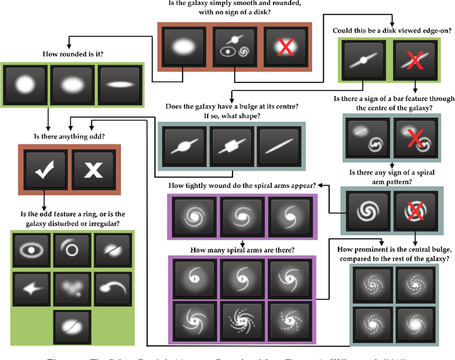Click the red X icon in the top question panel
[x=284, y=46]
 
